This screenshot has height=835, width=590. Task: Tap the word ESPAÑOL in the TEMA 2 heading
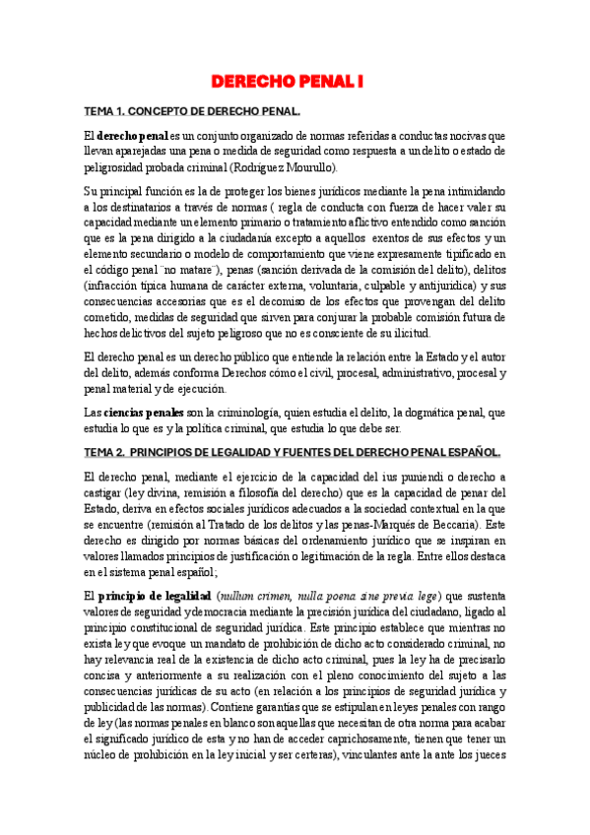click(x=474, y=452)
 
